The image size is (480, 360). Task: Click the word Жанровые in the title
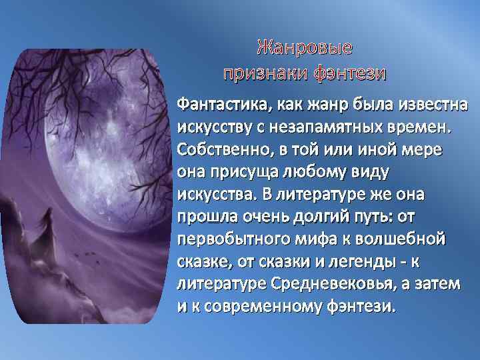pos(304,49)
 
